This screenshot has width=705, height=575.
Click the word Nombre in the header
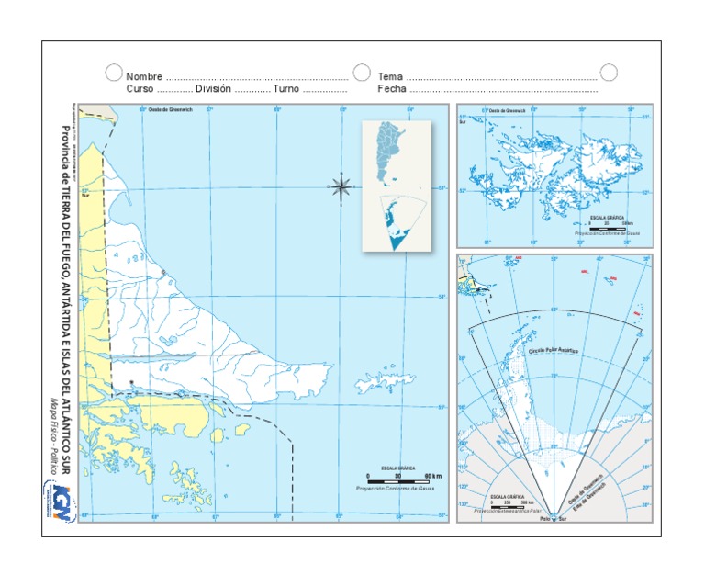click(x=144, y=77)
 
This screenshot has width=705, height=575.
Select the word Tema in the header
click(x=390, y=77)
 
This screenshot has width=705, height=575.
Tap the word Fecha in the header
click(x=392, y=90)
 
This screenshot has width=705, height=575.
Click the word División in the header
click(x=213, y=90)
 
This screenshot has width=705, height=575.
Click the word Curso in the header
click(x=140, y=90)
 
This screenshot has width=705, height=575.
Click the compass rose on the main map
click(x=341, y=187)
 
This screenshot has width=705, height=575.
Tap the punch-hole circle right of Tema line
click(x=609, y=72)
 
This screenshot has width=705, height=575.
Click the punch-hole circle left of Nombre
click(x=113, y=72)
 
